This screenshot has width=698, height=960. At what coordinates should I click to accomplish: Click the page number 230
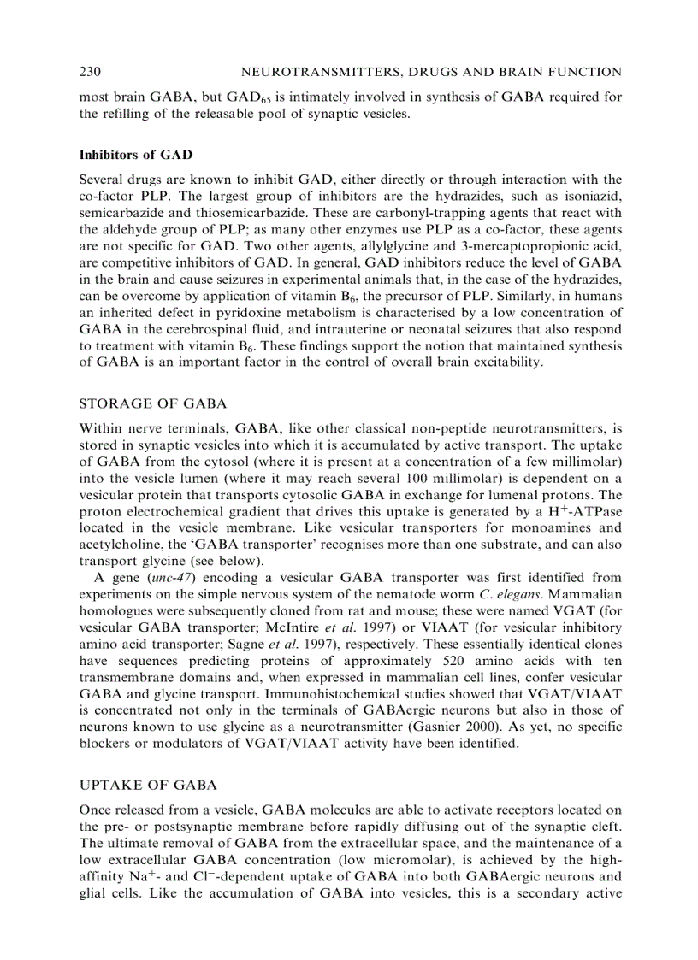(91, 72)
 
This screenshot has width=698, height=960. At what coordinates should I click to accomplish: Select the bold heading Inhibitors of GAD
(135, 155)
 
